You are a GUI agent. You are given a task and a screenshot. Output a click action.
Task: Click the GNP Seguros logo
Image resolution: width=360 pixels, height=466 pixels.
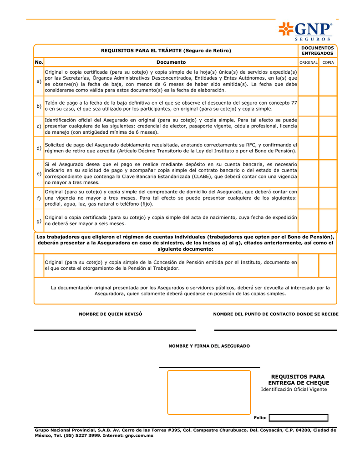pyautogui.click(x=305, y=30)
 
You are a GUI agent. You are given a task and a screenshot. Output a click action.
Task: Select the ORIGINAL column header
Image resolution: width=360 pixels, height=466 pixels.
pyautogui.click(x=308, y=62)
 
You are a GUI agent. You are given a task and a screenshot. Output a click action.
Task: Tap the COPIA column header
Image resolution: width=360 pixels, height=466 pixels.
pyautogui.click(x=328, y=62)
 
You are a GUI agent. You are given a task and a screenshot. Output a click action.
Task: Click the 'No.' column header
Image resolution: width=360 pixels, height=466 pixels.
pyautogui.click(x=39, y=62)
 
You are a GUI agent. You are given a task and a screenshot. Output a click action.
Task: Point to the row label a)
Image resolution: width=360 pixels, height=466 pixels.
pyautogui.click(x=39, y=81)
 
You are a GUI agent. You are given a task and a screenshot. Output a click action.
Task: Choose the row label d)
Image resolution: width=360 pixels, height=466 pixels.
pyautogui.click(x=39, y=148)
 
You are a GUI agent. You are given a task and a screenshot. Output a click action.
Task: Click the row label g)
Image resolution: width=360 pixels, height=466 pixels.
pyautogui.click(x=39, y=221)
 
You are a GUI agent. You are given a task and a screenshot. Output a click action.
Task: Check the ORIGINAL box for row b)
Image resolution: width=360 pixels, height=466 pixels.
pyautogui.click(x=308, y=106)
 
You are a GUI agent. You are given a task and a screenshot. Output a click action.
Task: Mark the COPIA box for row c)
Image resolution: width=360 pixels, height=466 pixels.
pyautogui.click(x=328, y=126)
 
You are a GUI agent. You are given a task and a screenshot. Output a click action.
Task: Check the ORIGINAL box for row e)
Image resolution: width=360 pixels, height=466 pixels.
pyautogui.click(x=308, y=173)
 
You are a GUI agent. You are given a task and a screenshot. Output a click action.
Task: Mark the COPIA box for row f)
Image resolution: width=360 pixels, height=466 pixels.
pyautogui.click(x=328, y=198)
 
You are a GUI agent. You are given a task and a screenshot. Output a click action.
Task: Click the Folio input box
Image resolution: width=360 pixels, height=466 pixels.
pyautogui.click(x=298, y=418)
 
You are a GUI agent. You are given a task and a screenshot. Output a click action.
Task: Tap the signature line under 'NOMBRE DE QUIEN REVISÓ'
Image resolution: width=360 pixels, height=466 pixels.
pyautogui.click(x=115, y=329)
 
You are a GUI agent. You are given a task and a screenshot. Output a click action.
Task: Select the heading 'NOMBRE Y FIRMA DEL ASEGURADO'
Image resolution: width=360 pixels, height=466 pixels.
pyautogui.click(x=209, y=346)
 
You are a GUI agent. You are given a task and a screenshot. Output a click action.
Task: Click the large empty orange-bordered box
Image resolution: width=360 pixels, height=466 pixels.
pyautogui.click(x=209, y=392)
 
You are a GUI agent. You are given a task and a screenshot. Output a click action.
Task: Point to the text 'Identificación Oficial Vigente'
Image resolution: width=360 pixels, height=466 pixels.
pyautogui.click(x=294, y=390)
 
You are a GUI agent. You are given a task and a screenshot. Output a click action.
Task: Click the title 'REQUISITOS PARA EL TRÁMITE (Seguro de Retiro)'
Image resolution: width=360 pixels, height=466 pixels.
pyautogui.click(x=166, y=51)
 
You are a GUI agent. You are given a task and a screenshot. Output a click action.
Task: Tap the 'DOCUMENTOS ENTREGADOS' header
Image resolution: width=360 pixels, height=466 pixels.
pyautogui.click(x=317, y=51)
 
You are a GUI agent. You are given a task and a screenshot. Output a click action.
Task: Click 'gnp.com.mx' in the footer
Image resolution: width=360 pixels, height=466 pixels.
pyautogui.click(x=139, y=436)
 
